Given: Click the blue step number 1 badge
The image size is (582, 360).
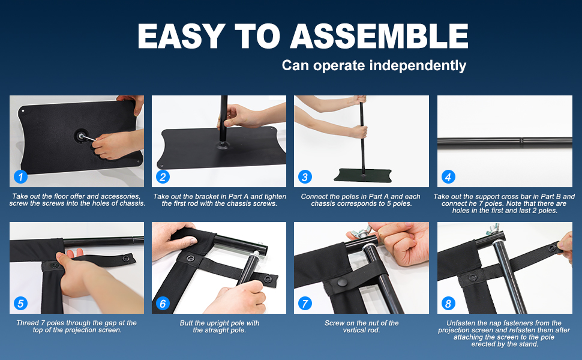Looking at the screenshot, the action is (21, 176).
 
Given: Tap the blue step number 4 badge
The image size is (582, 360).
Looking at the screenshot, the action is (448, 176).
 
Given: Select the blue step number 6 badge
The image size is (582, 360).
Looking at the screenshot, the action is (163, 304).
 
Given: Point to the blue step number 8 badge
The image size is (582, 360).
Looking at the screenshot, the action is (448, 304).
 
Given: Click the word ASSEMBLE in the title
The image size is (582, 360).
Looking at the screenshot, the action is (379, 37).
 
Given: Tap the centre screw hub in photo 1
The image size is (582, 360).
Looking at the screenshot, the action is (80, 136).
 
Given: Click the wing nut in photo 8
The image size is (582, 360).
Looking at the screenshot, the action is (493, 229).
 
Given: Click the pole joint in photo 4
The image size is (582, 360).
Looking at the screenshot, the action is (521, 140).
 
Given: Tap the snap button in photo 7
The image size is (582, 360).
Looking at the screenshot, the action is (342, 283).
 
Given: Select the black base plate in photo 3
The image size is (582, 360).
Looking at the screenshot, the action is (363, 175).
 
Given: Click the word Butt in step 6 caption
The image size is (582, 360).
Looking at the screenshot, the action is (187, 323).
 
